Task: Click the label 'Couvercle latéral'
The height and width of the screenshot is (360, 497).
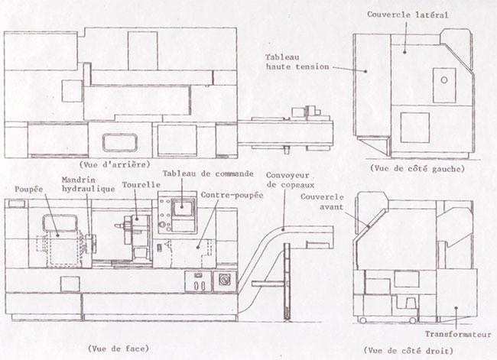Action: (x=406, y=14)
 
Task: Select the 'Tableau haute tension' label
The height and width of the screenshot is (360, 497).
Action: (x=297, y=62)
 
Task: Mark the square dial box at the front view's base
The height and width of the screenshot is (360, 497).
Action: (x=225, y=278)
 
